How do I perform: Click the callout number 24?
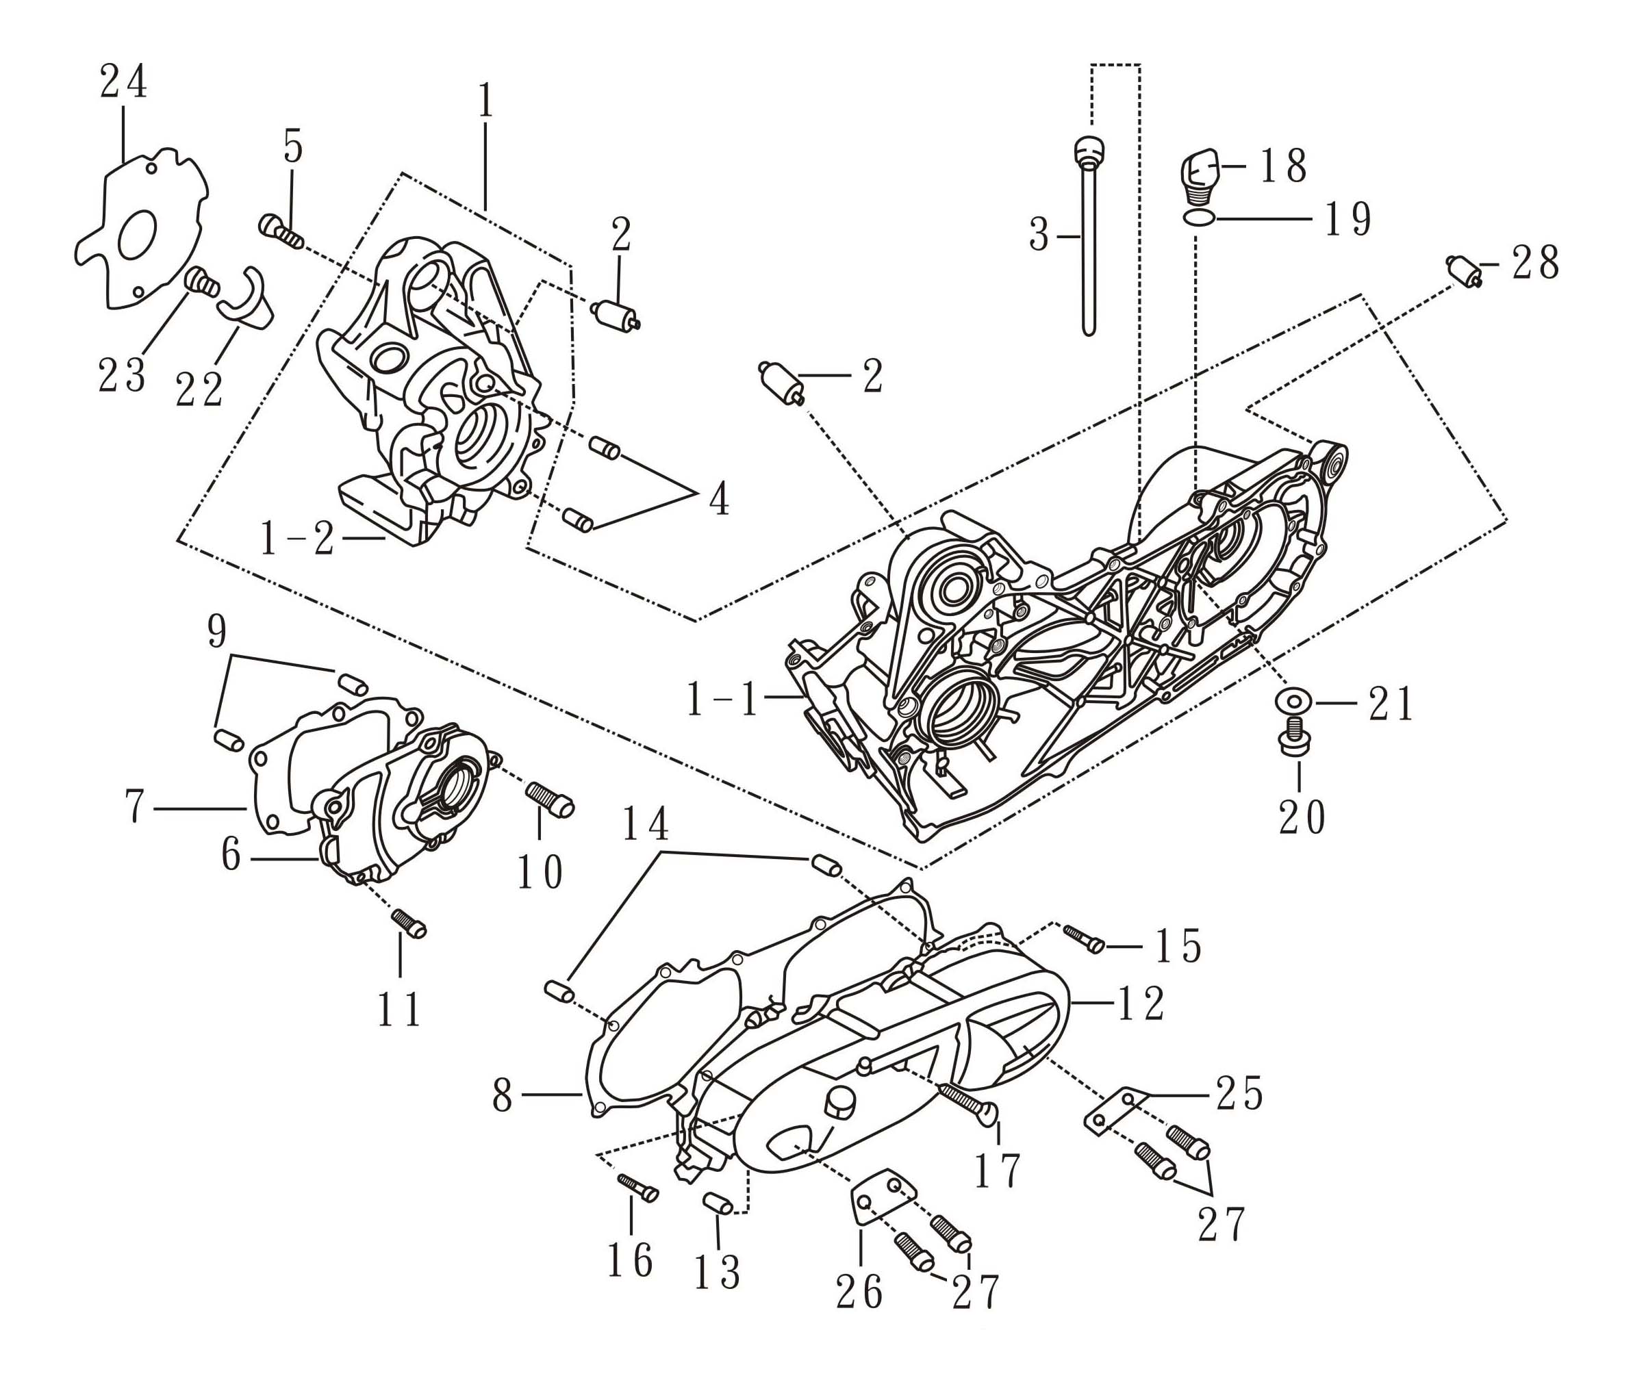click(124, 82)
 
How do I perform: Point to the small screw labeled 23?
click(202, 282)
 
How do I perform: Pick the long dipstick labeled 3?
click(1089, 236)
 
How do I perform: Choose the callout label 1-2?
click(296, 539)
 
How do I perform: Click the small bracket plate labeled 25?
click(1112, 1111)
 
